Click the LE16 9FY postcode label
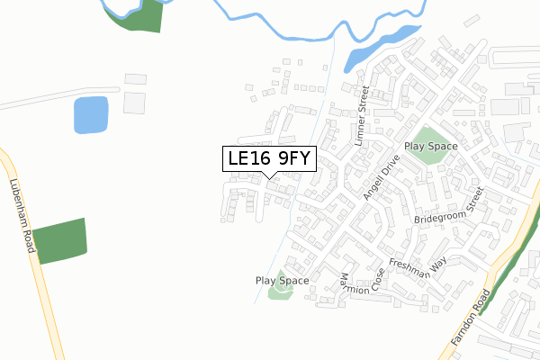(268, 158)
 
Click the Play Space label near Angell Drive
(431, 146)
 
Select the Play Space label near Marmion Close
(282, 281)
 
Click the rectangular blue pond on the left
(89, 114)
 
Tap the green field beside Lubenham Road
(59, 240)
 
